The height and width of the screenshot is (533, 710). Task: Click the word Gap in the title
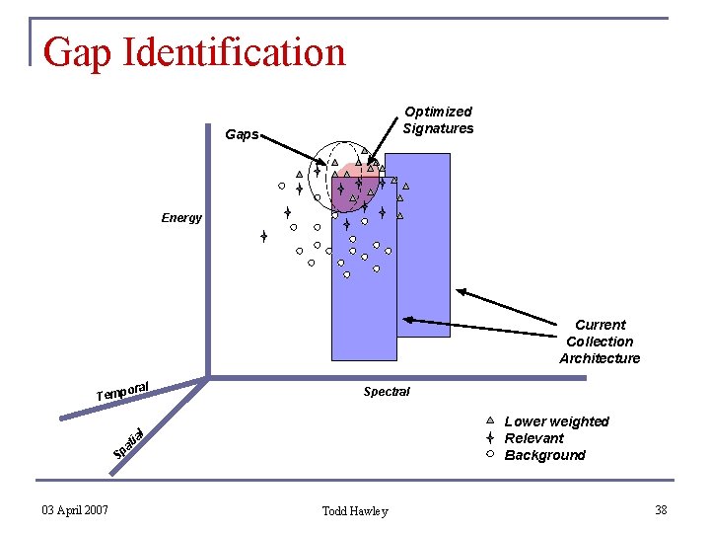coord(78,52)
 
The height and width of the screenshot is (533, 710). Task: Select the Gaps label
coord(242,134)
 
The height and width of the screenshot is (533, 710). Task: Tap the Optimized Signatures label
coord(438,119)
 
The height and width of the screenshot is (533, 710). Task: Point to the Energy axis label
coord(181,218)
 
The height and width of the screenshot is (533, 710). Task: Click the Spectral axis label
coord(387,392)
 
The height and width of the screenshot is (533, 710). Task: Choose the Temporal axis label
coord(122,391)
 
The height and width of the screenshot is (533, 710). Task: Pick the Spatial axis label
coord(129,443)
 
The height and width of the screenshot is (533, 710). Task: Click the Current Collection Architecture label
coord(600,342)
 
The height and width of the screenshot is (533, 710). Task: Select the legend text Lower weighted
coord(556,421)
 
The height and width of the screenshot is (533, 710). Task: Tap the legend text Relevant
coord(533,438)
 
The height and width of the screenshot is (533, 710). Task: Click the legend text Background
coord(544,455)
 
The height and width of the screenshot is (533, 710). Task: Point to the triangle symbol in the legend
coord(489,420)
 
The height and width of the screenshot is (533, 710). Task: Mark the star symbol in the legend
coord(489,437)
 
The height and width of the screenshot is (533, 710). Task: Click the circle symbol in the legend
coord(489,454)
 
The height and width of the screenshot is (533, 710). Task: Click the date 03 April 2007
coord(75,509)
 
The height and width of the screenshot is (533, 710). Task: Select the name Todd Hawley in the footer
coord(355,510)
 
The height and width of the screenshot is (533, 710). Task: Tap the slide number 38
coord(661,509)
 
